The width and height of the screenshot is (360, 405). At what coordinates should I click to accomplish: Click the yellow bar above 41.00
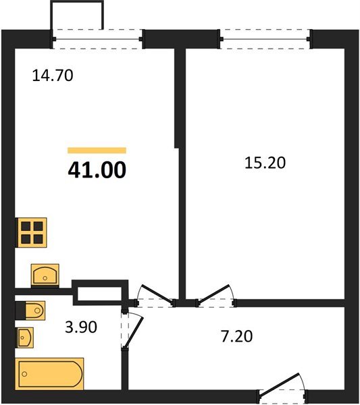tap(97, 151)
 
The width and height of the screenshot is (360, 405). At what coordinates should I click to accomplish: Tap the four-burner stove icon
tap(31, 232)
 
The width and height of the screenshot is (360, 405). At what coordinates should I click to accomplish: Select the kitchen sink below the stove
tap(45, 275)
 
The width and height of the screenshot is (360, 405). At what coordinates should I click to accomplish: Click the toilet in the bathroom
tap(30, 310)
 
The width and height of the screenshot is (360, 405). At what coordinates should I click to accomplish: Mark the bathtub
tap(50, 373)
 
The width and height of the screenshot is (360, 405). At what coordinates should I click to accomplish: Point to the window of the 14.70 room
tap(98, 38)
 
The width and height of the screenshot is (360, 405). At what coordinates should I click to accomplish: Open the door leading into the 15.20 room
tap(215, 294)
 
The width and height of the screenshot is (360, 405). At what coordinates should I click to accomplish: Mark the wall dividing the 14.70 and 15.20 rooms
tap(181, 169)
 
